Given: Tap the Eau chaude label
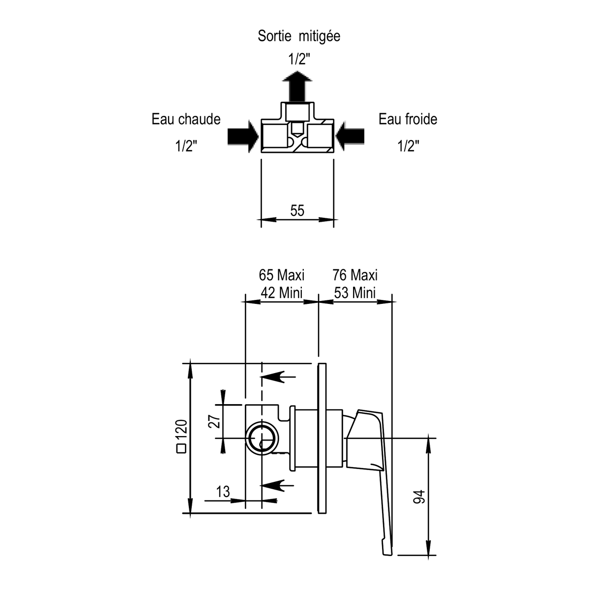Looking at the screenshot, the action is point(186,119).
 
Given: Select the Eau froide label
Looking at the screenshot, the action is point(408,119).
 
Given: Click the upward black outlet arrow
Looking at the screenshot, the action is point(297,86).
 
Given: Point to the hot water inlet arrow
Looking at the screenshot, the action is point(243,136).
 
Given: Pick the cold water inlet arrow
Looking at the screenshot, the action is point(350,136).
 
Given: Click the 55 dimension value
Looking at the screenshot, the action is point(297,210).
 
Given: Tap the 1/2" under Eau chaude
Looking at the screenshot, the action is point(186,146).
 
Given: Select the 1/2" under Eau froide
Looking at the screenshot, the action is point(408,146).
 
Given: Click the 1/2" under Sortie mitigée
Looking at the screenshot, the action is point(299,59).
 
